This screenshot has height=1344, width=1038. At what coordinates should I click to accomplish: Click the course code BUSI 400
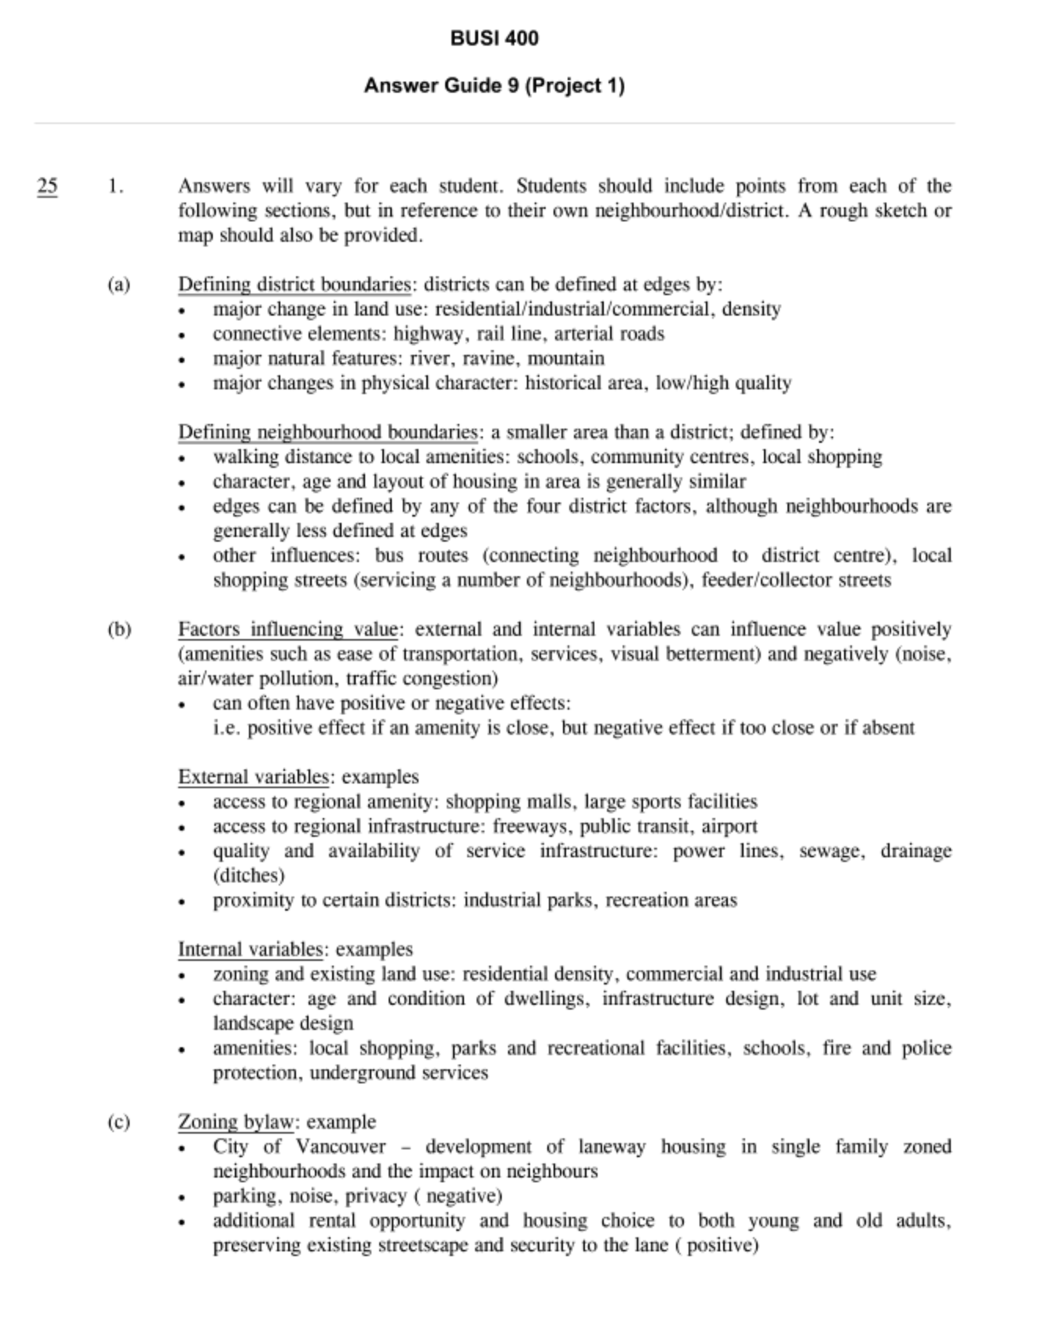pos(494,38)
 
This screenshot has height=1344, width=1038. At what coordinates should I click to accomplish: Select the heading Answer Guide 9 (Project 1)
pos(494,86)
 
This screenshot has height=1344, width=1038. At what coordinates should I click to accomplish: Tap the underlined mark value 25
pos(47,186)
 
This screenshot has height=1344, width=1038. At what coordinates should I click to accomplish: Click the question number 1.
pos(115,186)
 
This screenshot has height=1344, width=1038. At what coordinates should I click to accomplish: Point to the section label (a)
pos(119,284)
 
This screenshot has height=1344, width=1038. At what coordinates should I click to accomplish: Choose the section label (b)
pos(119,630)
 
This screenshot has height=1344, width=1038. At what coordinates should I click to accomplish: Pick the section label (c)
pos(119,1122)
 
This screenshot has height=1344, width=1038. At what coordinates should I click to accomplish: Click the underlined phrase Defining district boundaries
pos(294,284)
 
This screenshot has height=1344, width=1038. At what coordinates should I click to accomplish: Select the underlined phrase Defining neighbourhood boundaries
pos(327,432)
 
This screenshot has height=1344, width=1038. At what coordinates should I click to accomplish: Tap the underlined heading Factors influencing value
pos(289,630)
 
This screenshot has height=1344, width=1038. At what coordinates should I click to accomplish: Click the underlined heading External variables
pos(253,777)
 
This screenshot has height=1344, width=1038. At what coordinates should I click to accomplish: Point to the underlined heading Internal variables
pos(250,949)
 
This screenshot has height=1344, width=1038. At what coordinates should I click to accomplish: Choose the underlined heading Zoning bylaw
pos(236,1122)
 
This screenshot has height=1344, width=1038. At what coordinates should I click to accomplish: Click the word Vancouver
pos(341,1146)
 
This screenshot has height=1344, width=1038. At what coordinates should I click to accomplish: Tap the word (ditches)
pos(248,875)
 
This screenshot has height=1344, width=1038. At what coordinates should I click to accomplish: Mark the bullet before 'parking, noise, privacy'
pos(182,1197)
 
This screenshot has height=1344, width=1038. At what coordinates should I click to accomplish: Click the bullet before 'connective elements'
pos(182,335)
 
